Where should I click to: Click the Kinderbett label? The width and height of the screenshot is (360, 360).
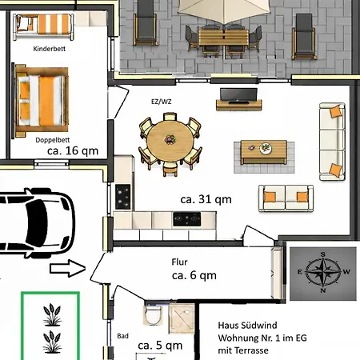click(x=50, y=49)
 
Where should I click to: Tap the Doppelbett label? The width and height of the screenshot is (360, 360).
click(x=53, y=140)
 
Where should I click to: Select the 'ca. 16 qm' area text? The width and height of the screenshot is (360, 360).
click(x=73, y=151)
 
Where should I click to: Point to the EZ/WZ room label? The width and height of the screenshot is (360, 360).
click(x=162, y=102)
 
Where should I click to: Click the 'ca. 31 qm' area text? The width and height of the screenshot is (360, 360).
click(x=206, y=199)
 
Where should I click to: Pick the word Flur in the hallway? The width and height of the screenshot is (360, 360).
click(x=179, y=262)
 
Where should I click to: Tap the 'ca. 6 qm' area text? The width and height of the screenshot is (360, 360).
click(x=194, y=275)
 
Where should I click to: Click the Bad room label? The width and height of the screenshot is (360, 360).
click(x=122, y=336)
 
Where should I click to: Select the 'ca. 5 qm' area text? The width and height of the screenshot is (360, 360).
click(x=160, y=346)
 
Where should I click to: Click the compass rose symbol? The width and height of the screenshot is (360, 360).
click(x=323, y=272)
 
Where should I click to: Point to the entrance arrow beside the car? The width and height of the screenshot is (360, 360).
click(x=68, y=268)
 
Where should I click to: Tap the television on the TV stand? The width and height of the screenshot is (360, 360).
click(x=238, y=95)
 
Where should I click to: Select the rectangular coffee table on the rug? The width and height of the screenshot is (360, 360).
click(x=264, y=152)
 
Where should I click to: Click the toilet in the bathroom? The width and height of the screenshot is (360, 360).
click(x=153, y=314)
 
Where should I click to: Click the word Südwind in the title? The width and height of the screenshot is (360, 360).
click(x=260, y=326)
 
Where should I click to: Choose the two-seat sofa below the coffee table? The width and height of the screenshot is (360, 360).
click(x=286, y=198)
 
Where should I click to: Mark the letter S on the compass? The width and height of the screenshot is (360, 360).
click(x=323, y=254)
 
